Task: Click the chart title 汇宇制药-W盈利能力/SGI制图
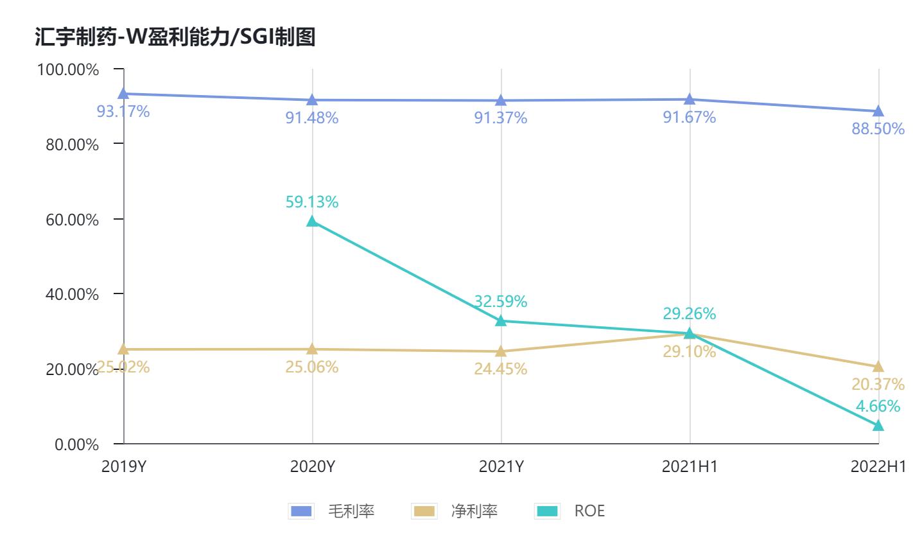click(175, 37)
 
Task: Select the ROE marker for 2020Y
click(312, 222)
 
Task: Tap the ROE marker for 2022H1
click(878, 425)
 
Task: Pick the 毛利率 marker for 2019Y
click(123, 94)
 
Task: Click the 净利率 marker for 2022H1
click(878, 367)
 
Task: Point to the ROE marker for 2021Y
click(501, 320)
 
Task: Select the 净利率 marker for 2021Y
click(501, 351)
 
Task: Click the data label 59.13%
click(312, 202)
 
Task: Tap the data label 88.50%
click(878, 128)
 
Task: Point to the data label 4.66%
click(878, 406)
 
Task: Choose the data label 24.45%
click(501, 369)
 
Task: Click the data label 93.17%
click(123, 112)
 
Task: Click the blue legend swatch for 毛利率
click(301, 511)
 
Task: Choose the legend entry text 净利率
click(474, 511)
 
